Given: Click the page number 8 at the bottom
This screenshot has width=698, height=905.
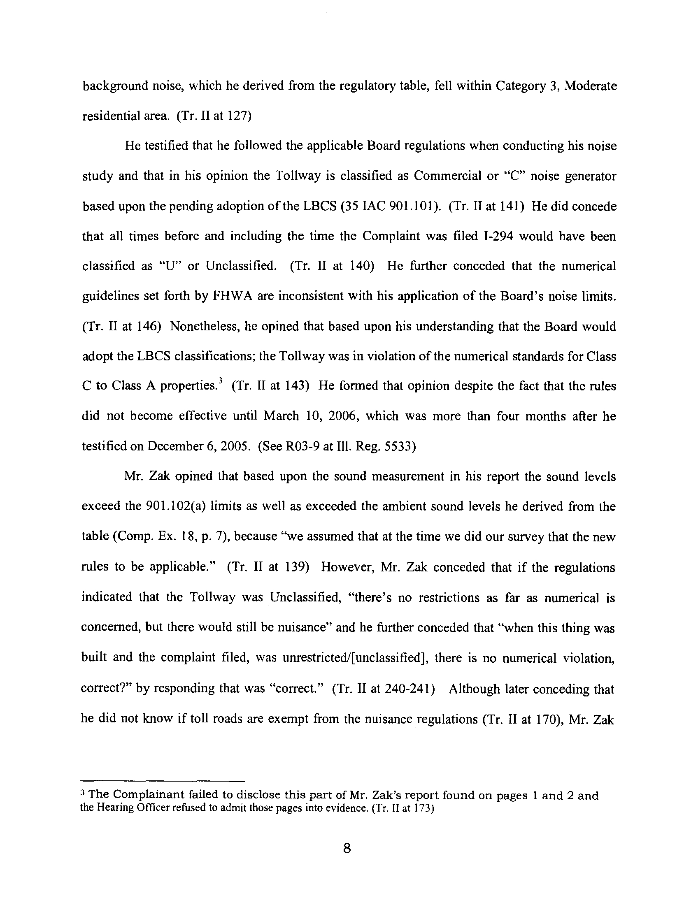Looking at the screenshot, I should click(347, 848).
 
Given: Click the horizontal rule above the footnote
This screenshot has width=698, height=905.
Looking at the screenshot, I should click(163, 781).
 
